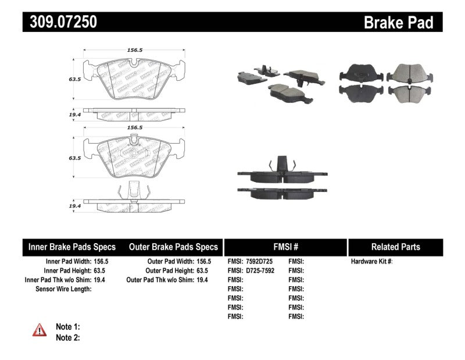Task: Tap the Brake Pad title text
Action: [x=398, y=23]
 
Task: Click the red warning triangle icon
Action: [x=39, y=330]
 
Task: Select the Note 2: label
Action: [x=67, y=337]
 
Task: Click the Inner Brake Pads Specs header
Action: [x=72, y=247]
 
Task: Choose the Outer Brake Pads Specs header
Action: [x=173, y=247]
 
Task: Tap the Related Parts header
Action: [x=395, y=247]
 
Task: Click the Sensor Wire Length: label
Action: [x=63, y=289]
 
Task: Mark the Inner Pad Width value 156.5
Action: [x=101, y=262]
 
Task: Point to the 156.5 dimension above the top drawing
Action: [x=134, y=51]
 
